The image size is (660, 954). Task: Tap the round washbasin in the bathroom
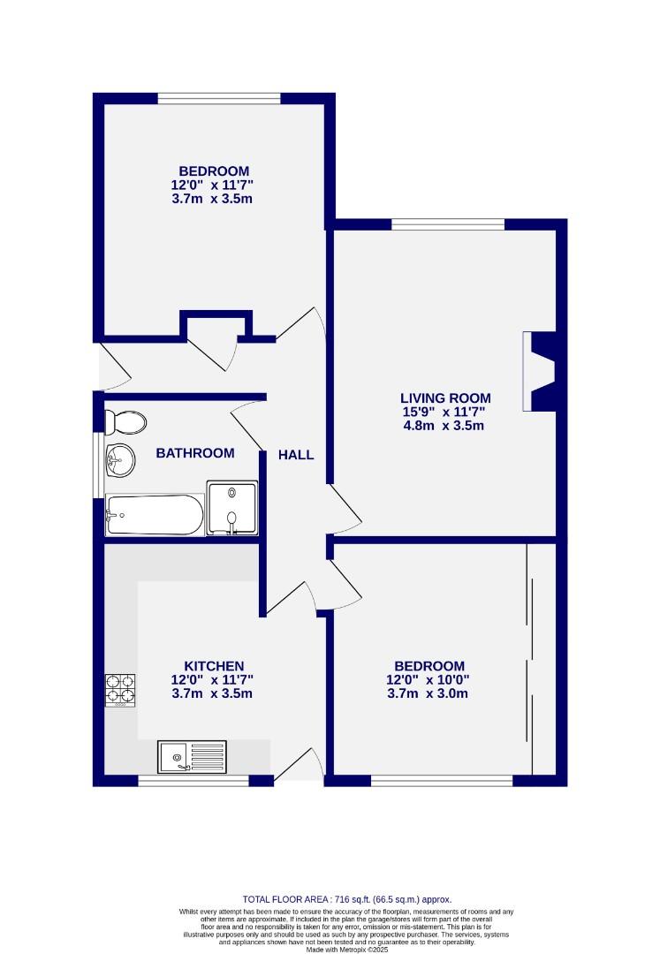pos(117,458)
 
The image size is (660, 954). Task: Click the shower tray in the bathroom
pos(231,509)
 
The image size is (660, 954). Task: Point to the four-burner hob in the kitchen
pos(122,690)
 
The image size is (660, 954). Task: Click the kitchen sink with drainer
pos(192,757)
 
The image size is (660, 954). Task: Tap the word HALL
pos(296,455)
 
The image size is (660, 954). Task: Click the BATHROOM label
pos(195,453)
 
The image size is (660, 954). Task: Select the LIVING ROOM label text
pos(445,397)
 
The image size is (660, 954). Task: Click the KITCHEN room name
pos(214,665)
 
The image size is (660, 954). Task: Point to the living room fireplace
pos(538,371)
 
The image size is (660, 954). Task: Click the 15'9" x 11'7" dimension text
pos(445,412)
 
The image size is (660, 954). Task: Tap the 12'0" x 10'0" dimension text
pos(429,679)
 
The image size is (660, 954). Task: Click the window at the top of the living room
pos(448,224)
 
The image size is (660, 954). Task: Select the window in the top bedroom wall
pos(219,98)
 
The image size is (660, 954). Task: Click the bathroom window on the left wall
pos(98,465)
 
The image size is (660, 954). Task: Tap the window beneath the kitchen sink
pos(193,780)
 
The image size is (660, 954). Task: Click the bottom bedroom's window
pos(441,780)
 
